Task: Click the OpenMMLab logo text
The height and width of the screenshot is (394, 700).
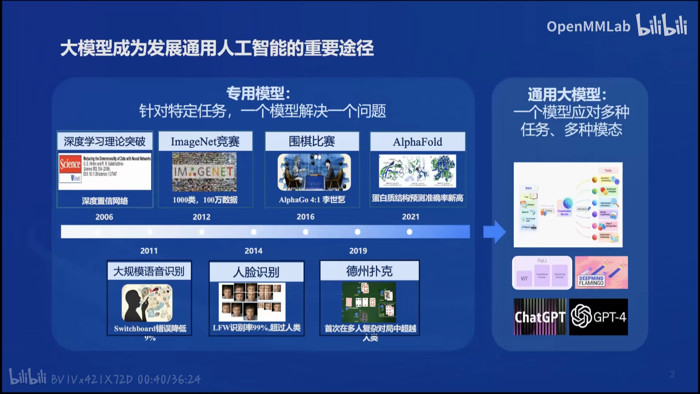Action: pos(588,26)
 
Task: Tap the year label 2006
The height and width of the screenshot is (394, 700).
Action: pos(104,217)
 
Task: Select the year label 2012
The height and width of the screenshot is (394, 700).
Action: pos(201,217)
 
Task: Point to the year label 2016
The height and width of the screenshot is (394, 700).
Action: pos(306,217)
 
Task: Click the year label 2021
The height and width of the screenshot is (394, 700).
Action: pos(411,217)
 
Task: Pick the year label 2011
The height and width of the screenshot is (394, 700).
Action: pos(149,251)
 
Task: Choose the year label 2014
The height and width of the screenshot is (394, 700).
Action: pos(253,251)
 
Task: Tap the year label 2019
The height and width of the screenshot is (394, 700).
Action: pos(358,251)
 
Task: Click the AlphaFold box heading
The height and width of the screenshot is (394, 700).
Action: pos(417,142)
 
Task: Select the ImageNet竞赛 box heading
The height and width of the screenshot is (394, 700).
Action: pos(205,142)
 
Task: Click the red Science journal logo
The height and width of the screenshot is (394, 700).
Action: pos(70,164)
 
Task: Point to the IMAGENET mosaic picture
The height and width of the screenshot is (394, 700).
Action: pos(204,172)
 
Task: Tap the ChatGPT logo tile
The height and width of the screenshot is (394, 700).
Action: pos(540,317)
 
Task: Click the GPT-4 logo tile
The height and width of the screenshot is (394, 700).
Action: pos(598,317)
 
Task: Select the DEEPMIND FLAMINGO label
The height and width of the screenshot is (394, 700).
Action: pos(591,281)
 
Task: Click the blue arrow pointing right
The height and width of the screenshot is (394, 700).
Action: pos(494,232)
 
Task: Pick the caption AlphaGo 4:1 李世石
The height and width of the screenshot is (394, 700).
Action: pos(312,200)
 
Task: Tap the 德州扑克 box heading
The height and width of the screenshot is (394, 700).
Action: pos(369,271)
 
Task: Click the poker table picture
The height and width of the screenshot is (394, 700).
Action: pos(369,302)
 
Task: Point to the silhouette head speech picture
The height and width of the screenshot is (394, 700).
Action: pos(147,303)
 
